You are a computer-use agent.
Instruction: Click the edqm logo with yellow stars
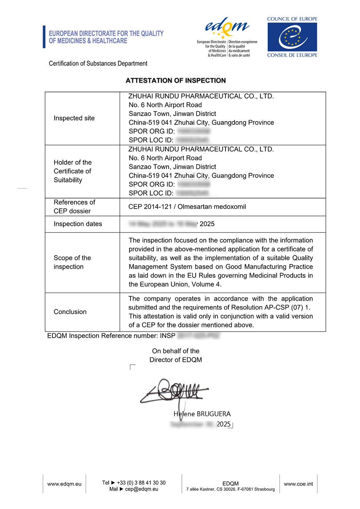227,28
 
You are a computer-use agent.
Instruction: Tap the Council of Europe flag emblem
292,37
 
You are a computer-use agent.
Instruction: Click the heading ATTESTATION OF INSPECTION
176,81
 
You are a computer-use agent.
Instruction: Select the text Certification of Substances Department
98,64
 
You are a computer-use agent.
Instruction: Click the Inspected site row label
74,118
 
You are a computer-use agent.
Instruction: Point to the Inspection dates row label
78,224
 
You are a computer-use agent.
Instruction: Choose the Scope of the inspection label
72,262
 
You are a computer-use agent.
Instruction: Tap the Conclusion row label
70,312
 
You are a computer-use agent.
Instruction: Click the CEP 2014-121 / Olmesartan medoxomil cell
187,207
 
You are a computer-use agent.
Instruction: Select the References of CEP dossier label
74,207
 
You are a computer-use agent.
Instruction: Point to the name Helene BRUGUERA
202,414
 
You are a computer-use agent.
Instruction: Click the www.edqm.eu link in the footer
64,484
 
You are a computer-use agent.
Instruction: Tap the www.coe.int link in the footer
298,484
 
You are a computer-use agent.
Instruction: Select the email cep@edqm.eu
141,489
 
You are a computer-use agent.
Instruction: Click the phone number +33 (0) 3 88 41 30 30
141,483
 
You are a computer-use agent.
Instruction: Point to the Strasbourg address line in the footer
231,489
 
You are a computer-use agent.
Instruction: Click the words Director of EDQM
176,360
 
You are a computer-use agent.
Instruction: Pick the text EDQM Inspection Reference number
111,336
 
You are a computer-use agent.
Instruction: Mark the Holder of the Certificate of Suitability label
72,171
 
